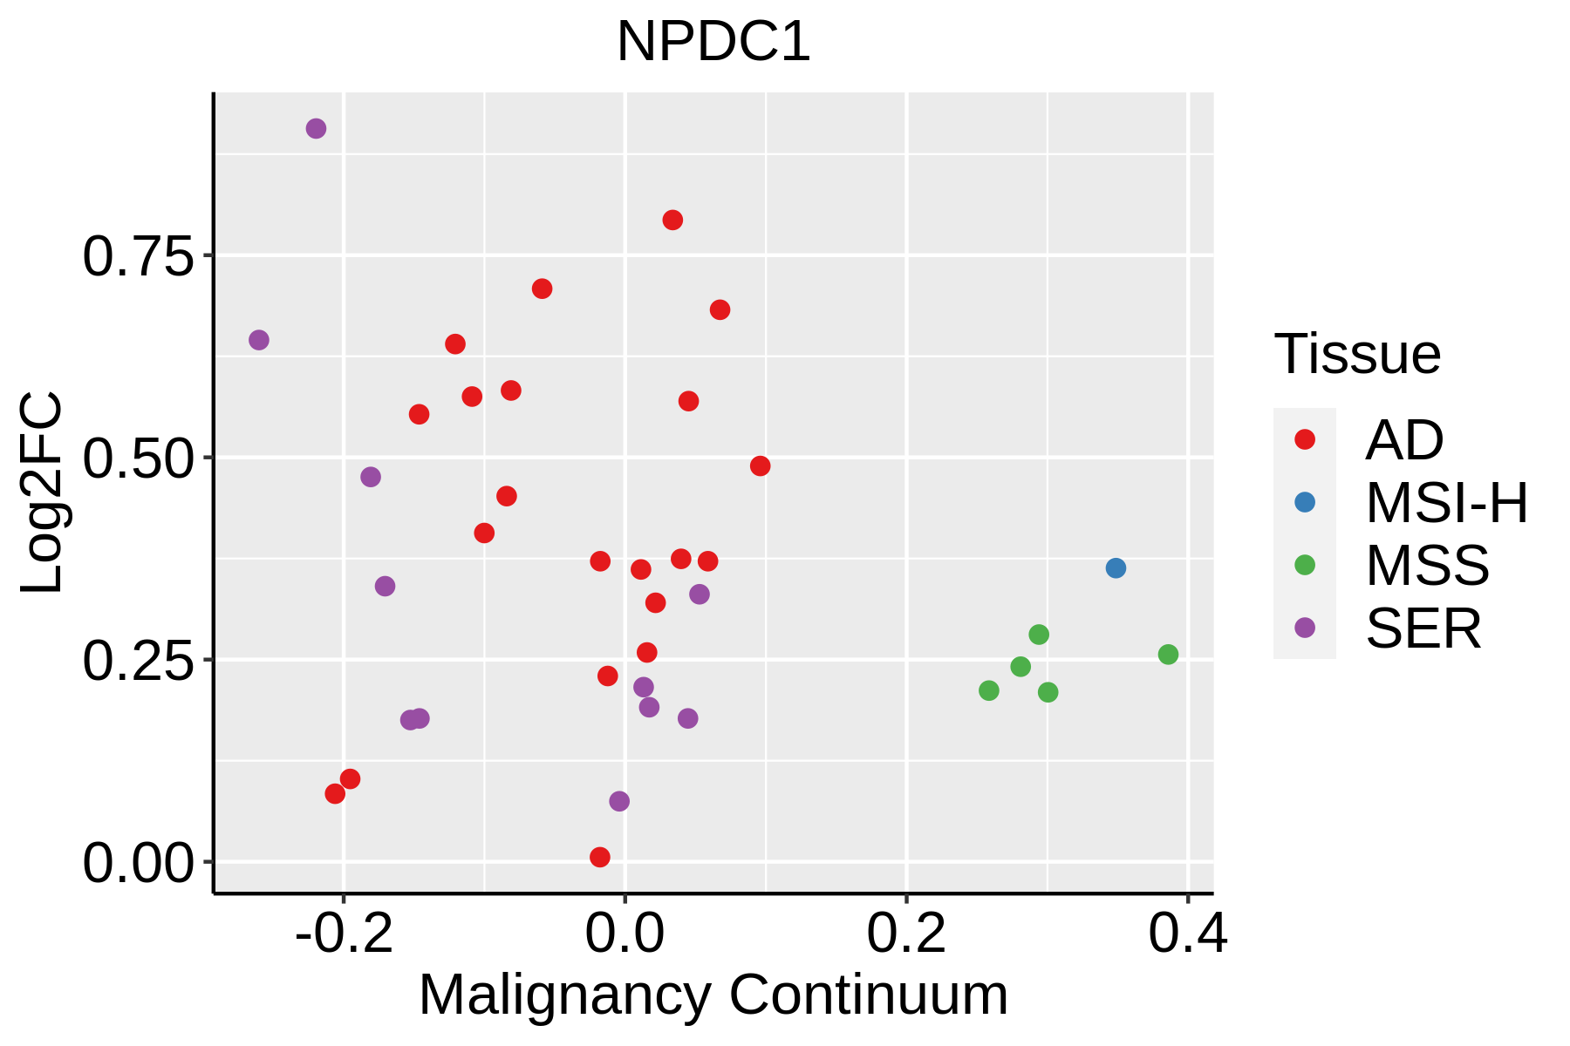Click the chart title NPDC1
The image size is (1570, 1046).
[x=713, y=42]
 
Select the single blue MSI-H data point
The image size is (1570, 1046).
[x=1116, y=568]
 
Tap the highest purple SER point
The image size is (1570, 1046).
[x=316, y=129]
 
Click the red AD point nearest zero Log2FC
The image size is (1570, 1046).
[x=600, y=857]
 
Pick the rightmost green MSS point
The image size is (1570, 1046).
[x=1168, y=655]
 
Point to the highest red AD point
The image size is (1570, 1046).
[x=672, y=220]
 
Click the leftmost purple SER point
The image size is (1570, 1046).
[x=259, y=340]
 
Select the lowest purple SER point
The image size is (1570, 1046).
[x=619, y=801]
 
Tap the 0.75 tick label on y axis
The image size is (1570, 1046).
[x=137, y=257]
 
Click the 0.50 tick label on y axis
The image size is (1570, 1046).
[x=137, y=459]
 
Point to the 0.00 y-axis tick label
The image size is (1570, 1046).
[x=137, y=864]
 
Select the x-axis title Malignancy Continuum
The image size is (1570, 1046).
[x=713, y=995]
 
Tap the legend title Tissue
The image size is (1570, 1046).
[x=1357, y=354]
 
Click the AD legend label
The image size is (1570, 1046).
[x=1404, y=440]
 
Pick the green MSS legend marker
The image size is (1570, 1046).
[x=1305, y=565]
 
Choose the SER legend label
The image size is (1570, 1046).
[x=1423, y=628]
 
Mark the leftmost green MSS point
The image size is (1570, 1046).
[x=989, y=690]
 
